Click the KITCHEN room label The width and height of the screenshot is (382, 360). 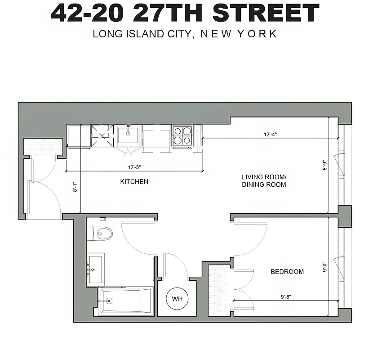134,182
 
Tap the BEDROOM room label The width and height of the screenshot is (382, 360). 287,271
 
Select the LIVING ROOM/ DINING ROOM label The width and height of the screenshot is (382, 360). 264,180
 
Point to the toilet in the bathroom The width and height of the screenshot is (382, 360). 102,233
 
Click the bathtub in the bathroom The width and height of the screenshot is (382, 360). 125,301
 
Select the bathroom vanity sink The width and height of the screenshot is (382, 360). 96,269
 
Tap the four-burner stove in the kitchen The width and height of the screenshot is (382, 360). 182,135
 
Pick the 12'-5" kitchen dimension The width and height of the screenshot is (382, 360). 132,167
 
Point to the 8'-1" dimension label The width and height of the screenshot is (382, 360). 76,187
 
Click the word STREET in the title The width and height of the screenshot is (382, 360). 266,13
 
